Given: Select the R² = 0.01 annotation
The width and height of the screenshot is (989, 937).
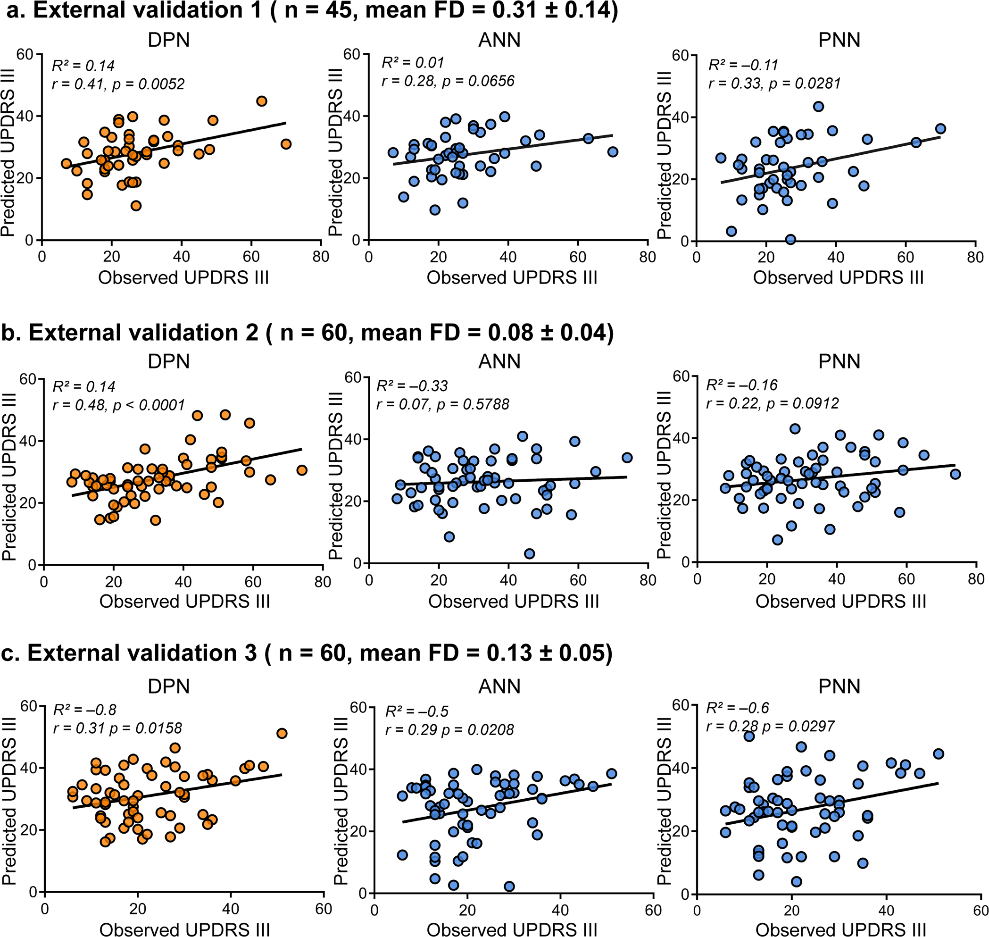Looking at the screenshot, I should [x=413, y=63].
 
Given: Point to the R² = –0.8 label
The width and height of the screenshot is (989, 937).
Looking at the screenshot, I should [x=85, y=710].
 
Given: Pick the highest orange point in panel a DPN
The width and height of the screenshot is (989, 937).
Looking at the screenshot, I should [x=262, y=101].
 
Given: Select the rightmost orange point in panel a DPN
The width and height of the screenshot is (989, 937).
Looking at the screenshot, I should [x=285, y=144].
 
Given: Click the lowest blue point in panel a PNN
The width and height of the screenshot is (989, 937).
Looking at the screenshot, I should [x=790, y=240].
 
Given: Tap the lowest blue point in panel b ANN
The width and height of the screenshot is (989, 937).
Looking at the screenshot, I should [x=529, y=553].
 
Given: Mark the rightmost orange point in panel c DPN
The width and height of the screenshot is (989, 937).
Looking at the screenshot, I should [x=282, y=733].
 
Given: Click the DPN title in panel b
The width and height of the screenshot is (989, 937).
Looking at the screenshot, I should [x=169, y=361].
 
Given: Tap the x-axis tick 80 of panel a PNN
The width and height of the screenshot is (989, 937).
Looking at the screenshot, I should [x=974, y=258].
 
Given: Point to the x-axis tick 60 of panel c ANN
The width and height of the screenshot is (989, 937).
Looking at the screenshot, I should [x=653, y=910].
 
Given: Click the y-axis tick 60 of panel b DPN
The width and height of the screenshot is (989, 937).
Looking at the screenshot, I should [x=28, y=379].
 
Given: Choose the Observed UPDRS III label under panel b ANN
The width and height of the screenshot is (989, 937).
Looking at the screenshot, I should [x=513, y=601].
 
